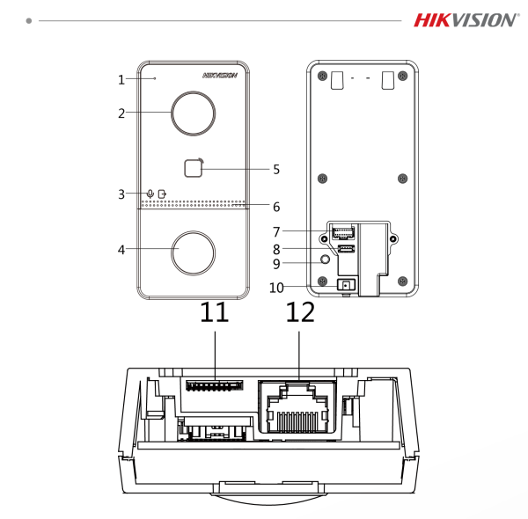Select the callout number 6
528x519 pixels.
pos(275,208)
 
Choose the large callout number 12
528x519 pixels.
pos(300,313)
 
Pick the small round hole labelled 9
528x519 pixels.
pos(326,259)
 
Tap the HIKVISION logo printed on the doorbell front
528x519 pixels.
pos(220,76)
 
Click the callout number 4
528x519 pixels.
pos(122,250)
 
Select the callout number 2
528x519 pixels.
pos(122,113)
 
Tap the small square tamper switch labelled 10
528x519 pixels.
pos(345,284)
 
